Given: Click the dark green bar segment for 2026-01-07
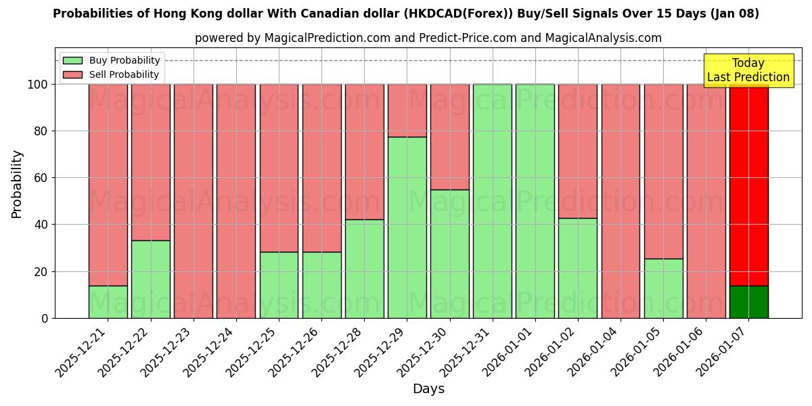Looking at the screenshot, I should [x=748, y=302].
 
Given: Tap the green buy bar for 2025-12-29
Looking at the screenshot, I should [x=407, y=227].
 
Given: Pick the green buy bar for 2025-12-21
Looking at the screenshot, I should [x=108, y=302].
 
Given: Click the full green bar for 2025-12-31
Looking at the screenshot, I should [x=492, y=201].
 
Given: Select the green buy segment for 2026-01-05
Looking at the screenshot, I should [x=663, y=288].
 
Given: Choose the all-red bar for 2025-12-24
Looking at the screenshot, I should [x=235, y=201].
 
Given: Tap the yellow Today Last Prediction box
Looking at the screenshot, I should [x=748, y=70].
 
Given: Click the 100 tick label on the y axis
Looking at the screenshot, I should [x=37, y=85].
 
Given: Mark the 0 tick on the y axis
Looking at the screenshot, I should [x=45, y=318].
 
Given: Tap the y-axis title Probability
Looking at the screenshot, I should [x=17, y=184].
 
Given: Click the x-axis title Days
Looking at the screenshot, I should [x=428, y=389].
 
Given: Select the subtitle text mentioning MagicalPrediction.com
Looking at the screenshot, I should [x=428, y=38].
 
